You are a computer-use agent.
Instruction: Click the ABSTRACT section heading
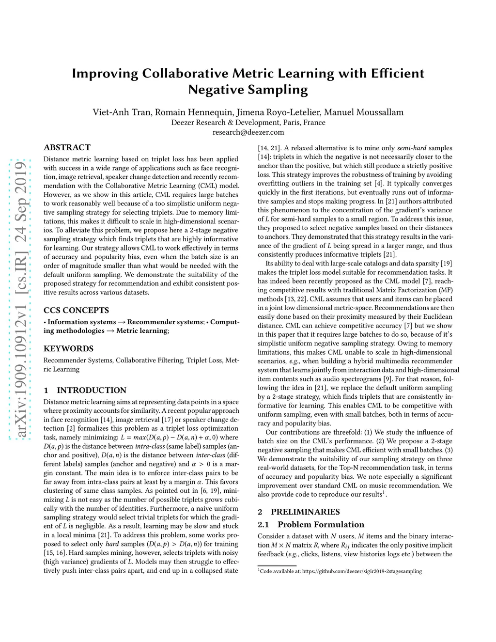click(67, 147)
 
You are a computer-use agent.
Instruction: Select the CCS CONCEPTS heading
click(76, 310)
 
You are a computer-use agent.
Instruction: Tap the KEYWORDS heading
click(68, 348)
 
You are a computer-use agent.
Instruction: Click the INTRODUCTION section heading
click(92, 390)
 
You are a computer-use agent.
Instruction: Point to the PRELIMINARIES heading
click(305, 512)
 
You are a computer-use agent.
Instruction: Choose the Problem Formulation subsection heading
click(321, 524)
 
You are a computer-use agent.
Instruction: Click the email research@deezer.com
click(248, 132)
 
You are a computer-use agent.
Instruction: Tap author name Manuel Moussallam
click(364, 112)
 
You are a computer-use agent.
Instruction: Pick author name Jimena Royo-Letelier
click(278, 112)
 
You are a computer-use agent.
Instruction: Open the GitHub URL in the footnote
click(362, 571)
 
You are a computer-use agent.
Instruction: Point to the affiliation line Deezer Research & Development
click(248, 122)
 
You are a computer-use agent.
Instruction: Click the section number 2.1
click(263, 524)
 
